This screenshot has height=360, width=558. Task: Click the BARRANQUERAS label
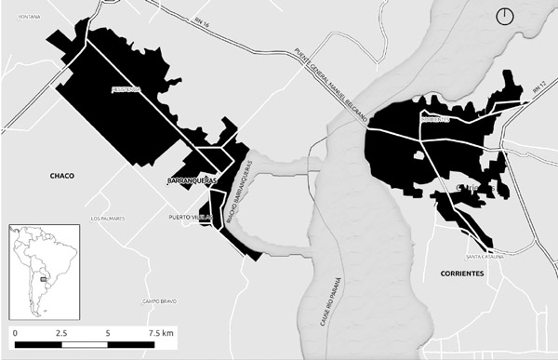point(193,179)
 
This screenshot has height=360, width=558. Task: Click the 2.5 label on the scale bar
point(61,331)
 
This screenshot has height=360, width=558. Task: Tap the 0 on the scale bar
point(16,331)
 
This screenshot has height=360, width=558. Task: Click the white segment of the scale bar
point(85,344)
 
